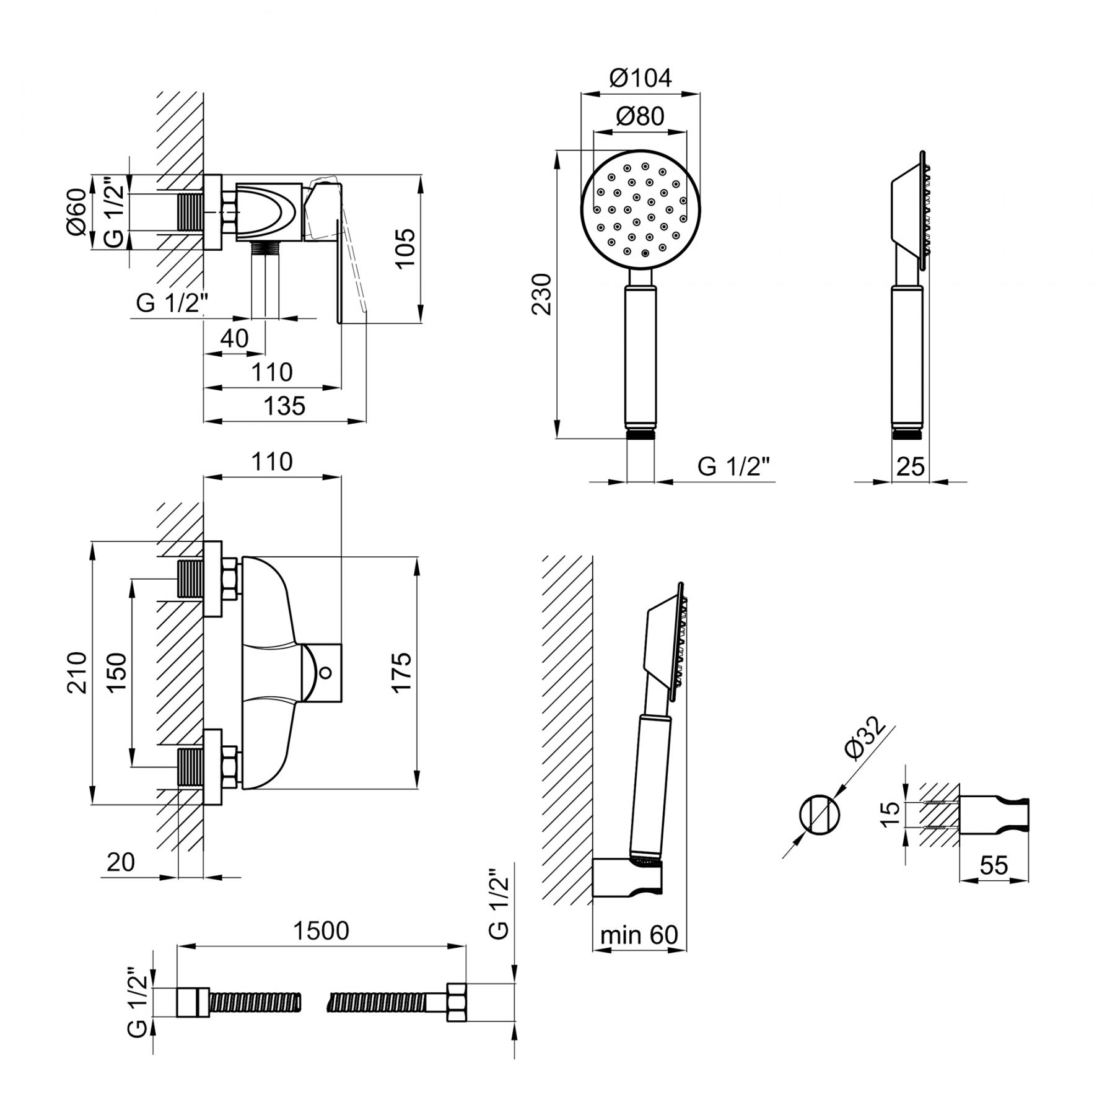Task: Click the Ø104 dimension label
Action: (641, 78)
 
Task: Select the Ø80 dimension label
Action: (641, 116)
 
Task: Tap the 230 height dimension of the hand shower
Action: (542, 294)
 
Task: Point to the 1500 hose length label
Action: (321, 930)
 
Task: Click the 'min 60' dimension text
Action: (639, 935)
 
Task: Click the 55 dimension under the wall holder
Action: (994, 865)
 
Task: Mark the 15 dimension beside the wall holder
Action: (890, 814)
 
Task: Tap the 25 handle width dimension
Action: (911, 466)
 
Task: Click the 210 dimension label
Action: (77, 673)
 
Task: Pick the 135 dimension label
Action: (285, 406)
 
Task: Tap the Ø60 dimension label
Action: (77, 212)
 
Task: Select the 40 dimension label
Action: (234, 338)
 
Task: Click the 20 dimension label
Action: (121, 862)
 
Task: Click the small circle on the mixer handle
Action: (326, 672)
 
